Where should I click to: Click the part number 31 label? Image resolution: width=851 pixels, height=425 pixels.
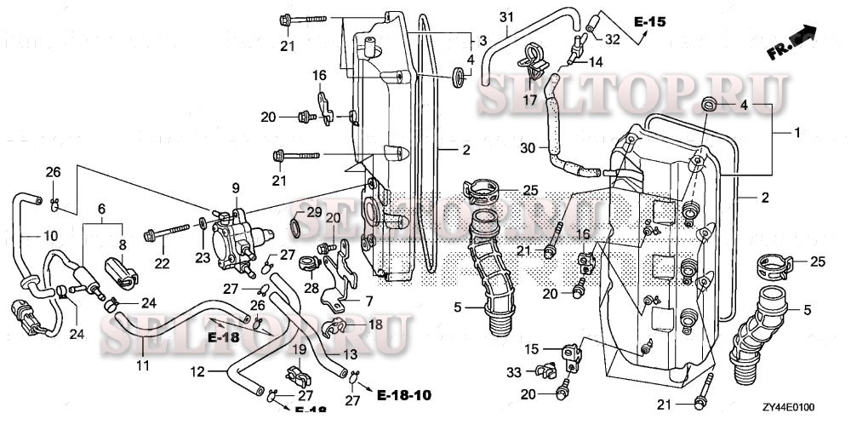tap(507, 19)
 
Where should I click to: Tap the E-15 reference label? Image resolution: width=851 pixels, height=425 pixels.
tap(648, 20)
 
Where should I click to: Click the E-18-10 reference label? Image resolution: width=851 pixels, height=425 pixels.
tap(404, 396)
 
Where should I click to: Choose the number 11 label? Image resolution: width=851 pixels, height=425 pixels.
tap(142, 365)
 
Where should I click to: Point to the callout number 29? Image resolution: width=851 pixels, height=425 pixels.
tap(314, 211)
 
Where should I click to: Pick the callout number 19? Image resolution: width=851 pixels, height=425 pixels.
tap(300, 350)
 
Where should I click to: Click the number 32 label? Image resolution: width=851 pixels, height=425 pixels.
tap(613, 37)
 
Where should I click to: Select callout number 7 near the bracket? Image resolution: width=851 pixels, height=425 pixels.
tap(369, 302)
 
